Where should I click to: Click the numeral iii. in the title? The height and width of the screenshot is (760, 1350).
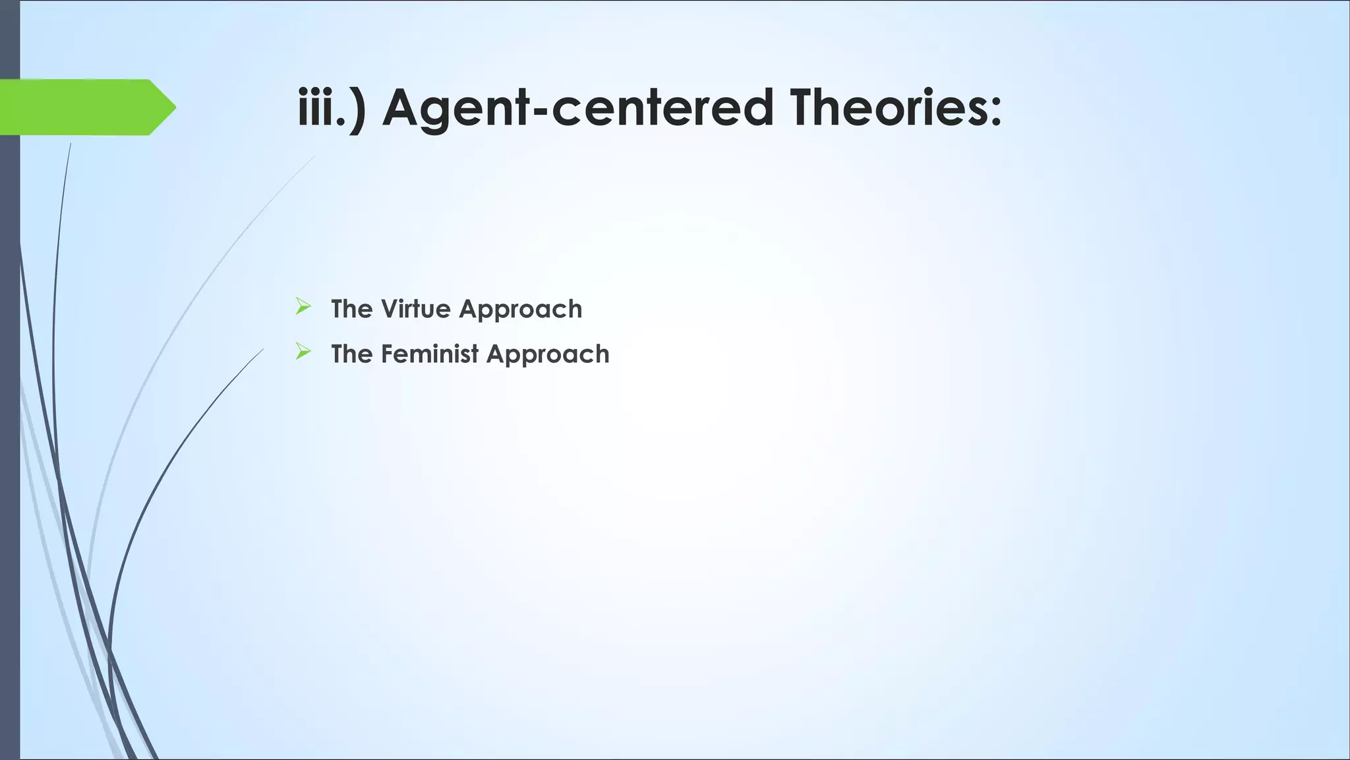coord(322,108)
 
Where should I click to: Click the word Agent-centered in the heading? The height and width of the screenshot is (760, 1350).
coord(577,108)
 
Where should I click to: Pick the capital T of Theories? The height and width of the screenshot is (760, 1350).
coord(804,108)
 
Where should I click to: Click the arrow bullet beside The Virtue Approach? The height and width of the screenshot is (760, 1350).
coord(303,307)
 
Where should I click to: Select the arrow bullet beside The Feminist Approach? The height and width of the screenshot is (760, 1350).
coord(303,352)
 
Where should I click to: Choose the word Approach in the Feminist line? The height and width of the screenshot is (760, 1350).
coord(548,355)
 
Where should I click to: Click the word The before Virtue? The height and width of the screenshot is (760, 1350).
coord(352,309)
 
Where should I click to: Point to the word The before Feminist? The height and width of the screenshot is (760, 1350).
coord(352,354)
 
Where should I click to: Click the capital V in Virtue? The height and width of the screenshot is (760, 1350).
coord(390,309)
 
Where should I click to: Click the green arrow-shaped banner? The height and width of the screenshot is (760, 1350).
coord(79,107)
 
